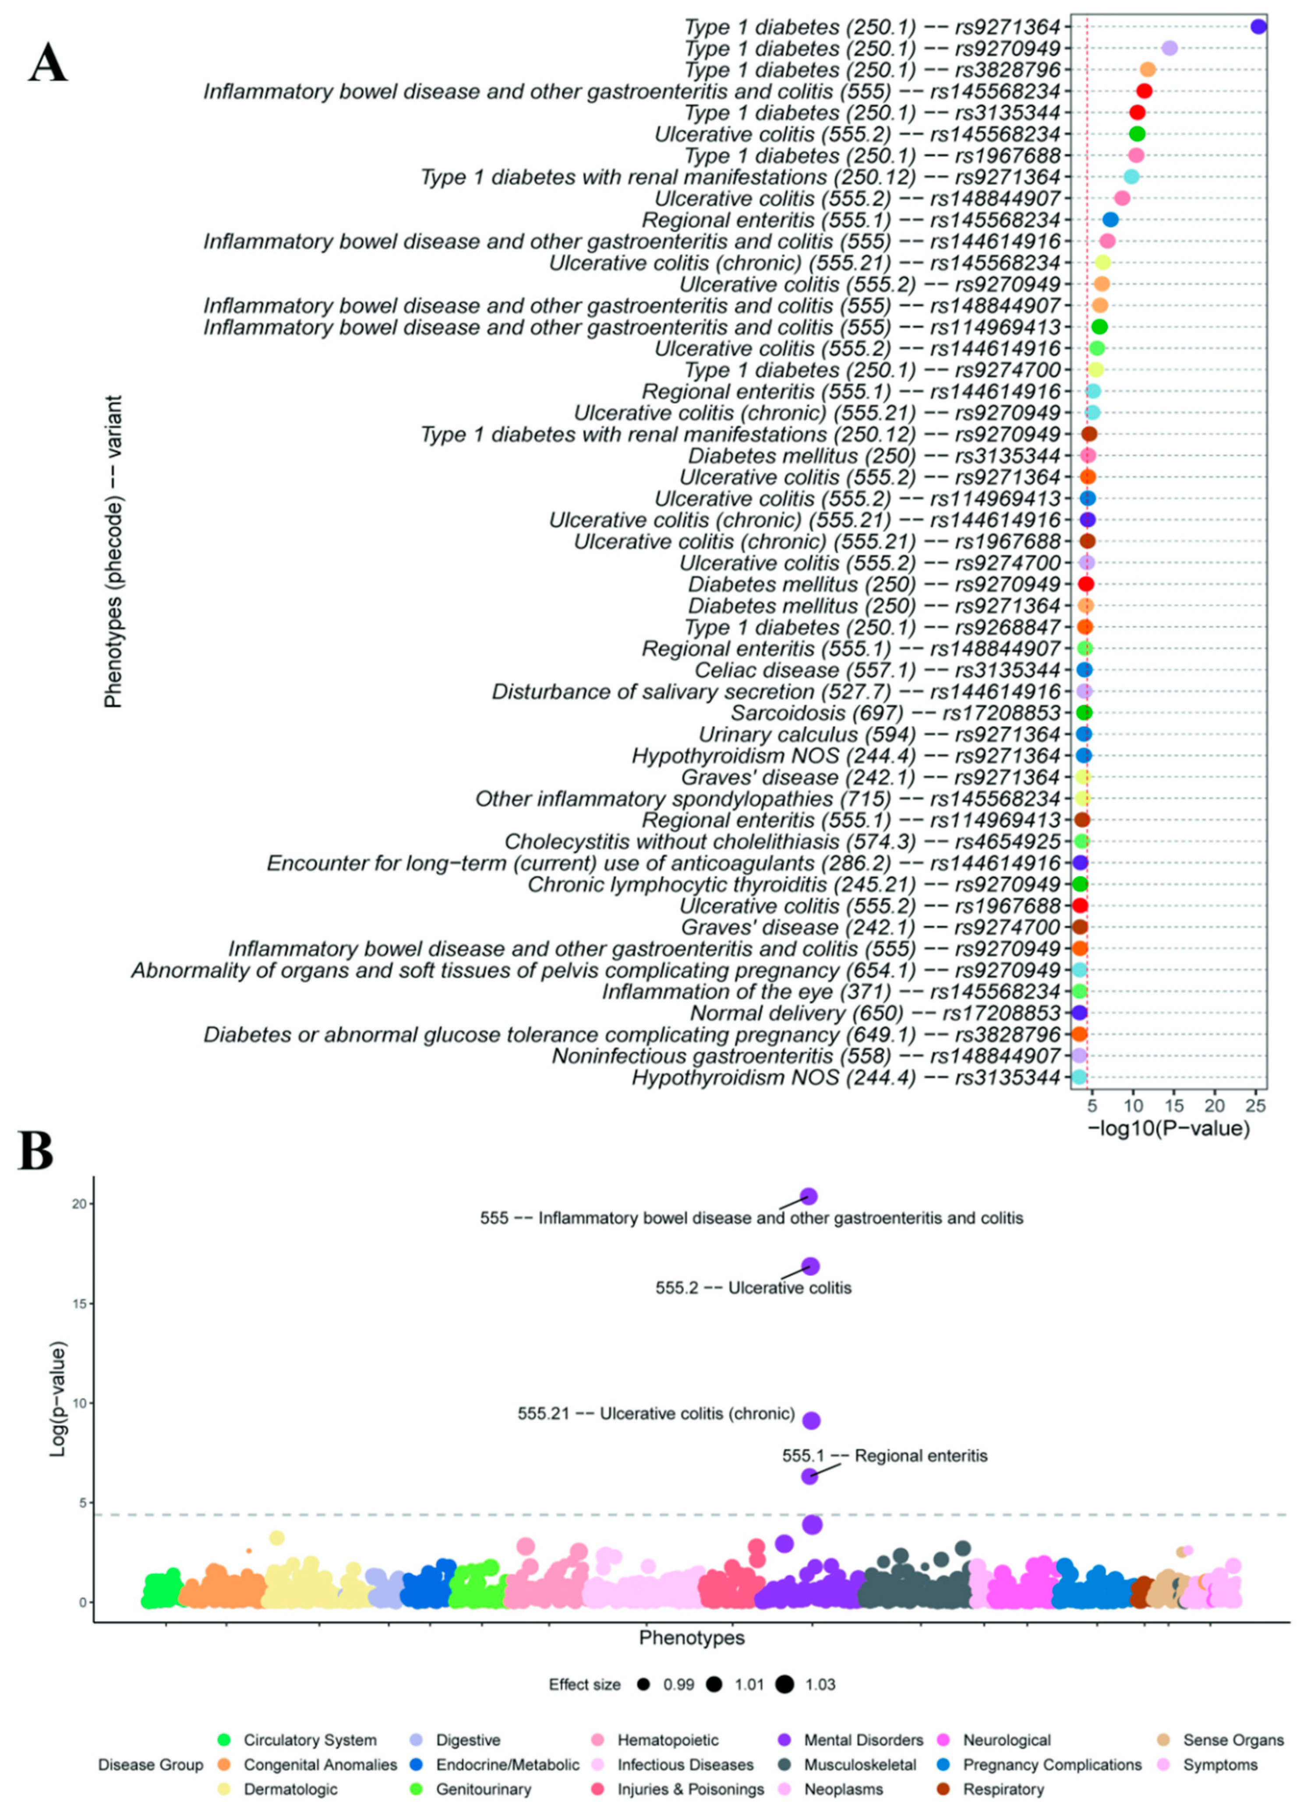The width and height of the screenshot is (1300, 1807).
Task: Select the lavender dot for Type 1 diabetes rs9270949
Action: pyautogui.click(x=1169, y=49)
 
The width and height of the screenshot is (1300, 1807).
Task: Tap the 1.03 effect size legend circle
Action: pyautogui.click(x=786, y=1684)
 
